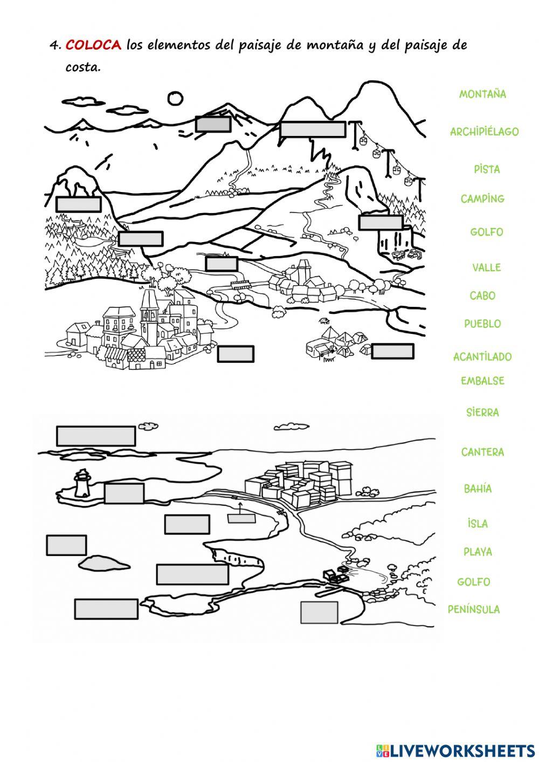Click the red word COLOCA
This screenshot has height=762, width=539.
tap(93, 45)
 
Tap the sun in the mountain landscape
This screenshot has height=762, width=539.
tap(175, 99)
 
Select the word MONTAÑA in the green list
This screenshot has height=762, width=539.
tap(482, 94)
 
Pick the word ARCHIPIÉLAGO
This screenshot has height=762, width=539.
tap(484, 132)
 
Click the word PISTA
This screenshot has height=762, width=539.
tap(487, 169)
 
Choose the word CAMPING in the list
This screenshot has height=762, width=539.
tap(482, 199)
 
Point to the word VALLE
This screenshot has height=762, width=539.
tap(486, 267)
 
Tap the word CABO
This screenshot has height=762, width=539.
tap(482, 296)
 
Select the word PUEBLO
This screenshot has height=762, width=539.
tap(482, 324)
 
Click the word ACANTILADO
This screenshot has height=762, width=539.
tap(482, 357)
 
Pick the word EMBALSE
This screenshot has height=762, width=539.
tap(482, 381)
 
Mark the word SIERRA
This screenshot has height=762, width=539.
tap(482, 413)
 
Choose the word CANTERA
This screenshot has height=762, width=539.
tap(482, 452)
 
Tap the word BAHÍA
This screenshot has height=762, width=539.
tap(478, 489)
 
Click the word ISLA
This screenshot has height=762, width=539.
tap(478, 524)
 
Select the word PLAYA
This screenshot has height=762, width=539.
tap(478, 552)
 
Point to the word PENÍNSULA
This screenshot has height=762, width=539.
tap(474, 609)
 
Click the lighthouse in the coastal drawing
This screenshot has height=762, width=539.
tap(82, 483)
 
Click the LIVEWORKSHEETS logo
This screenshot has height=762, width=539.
tap(455, 750)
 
